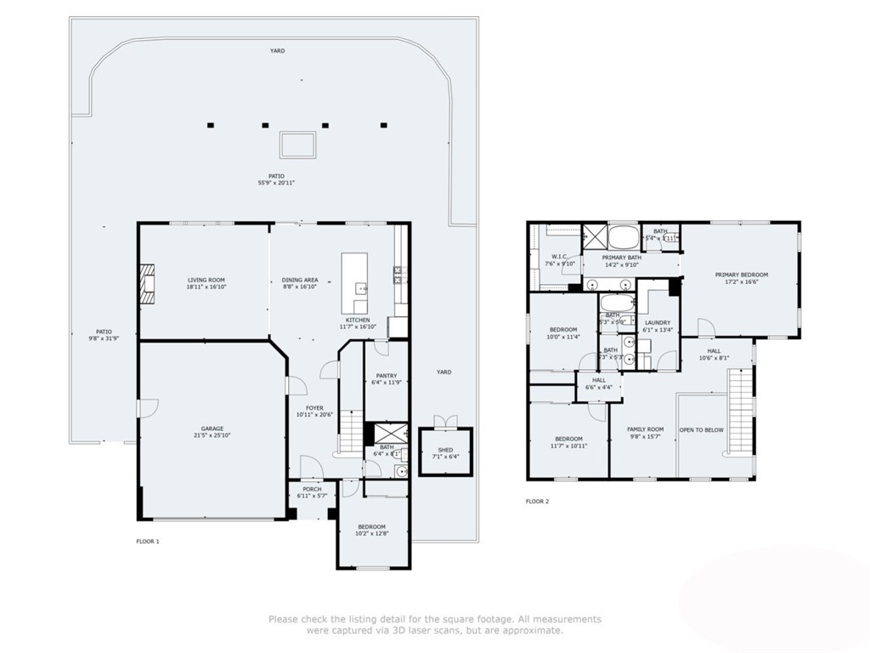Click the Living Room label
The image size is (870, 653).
(x=206, y=280)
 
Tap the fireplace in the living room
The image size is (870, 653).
(x=149, y=283)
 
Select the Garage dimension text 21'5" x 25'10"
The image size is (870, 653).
(x=212, y=435)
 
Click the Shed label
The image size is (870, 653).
(x=445, y=450)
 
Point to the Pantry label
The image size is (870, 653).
(x=384, y=376)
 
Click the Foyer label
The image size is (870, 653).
(x=315, y=408)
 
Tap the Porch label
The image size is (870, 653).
(x=312, y=489)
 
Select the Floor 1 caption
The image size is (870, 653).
(x=148, y=542)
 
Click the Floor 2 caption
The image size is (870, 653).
(x=537, y=502)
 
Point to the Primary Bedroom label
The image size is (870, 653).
(x=741, y=275)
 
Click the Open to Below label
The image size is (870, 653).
(x=702, y=430)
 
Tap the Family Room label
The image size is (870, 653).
(x=645, y=429)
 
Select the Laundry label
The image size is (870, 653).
(x=658, y=322)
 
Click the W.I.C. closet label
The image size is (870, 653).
(x=558, y=256)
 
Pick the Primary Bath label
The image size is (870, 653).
(x=622, y=258)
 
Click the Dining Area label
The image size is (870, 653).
(x=300, y=280)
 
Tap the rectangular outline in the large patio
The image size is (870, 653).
(x=298, y=145)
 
